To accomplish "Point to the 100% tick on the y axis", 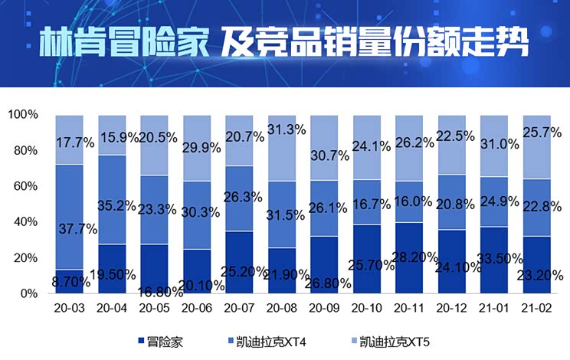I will (x=23, y=114).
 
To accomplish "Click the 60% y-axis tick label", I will (x=26, y=186).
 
